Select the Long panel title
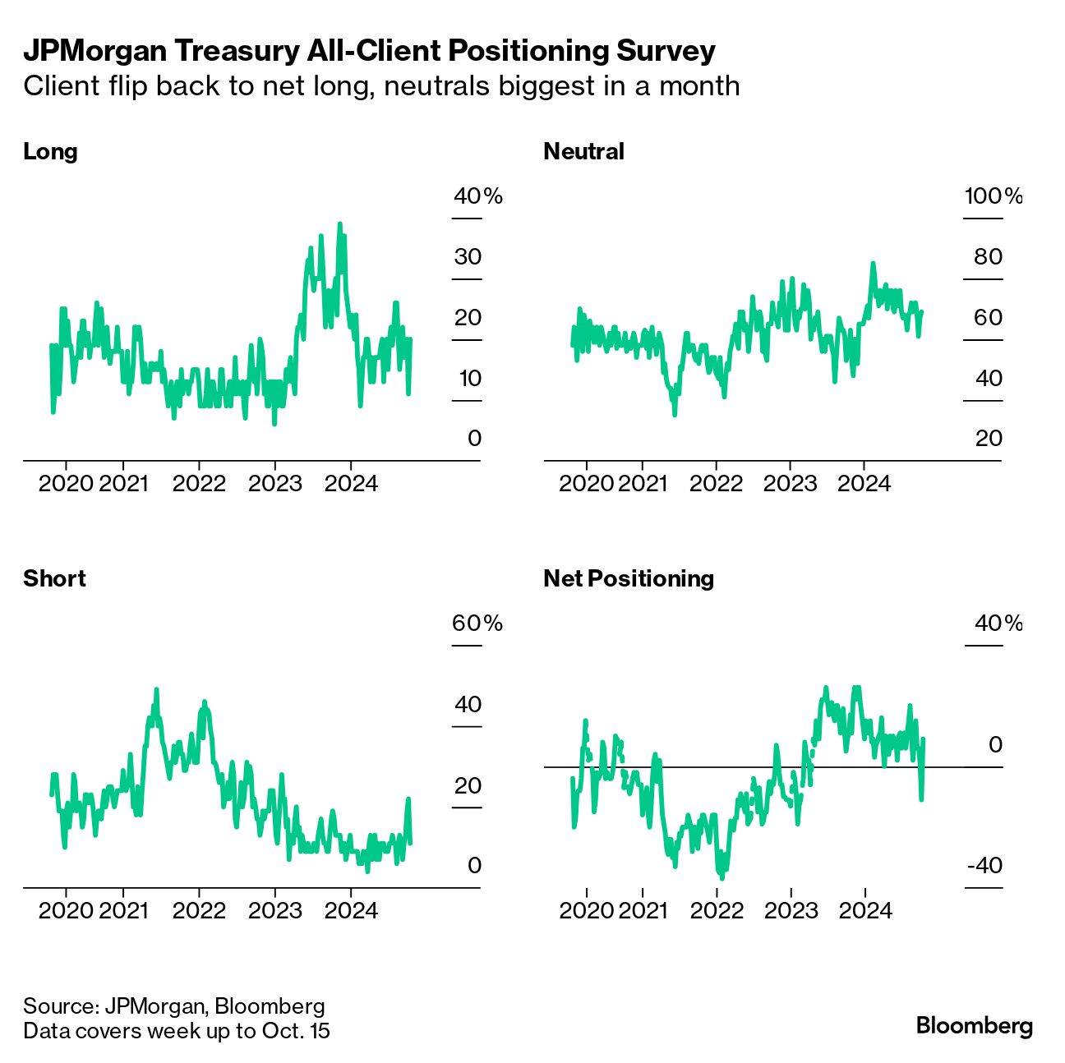pos(50,152)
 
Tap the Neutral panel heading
pos(583,152)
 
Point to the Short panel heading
pos(54,578)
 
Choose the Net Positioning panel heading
pos(629,578)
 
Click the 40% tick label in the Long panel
pos(477,196)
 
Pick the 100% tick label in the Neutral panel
pos(994,196)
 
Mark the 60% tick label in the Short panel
pos(477,624)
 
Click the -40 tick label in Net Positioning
pos(984,866)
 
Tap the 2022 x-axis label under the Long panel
pos(199,484)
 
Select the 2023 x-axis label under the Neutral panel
pos(790,484)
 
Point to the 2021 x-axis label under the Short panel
pos(123,911)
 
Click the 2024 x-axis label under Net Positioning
pos(864,911)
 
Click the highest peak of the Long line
pos(339,224)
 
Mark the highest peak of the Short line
pos(156,689)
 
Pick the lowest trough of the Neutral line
pos(675,414)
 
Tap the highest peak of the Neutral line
pos(873,264)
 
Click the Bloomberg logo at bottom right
pos(974,1026)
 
